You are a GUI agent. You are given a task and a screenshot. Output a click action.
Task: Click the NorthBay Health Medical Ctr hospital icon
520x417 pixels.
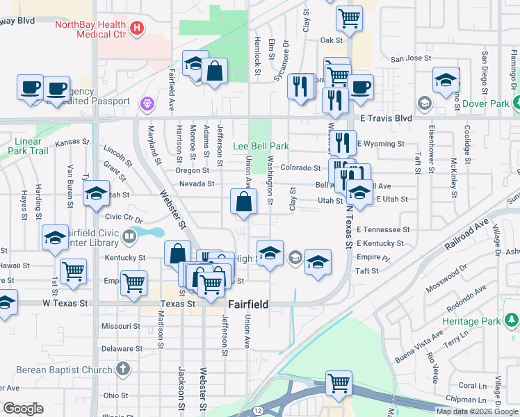(138, 28)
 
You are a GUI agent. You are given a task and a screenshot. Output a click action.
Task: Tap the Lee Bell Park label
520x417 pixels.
(260, 146)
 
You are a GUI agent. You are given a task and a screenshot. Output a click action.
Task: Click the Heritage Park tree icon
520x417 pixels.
(512, 320)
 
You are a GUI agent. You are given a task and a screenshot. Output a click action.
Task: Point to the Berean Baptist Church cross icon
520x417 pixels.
(123, 369)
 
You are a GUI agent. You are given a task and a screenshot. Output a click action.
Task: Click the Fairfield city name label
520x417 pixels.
(248, 304)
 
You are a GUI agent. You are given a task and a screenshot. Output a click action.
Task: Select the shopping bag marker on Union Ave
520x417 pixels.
(244, 203)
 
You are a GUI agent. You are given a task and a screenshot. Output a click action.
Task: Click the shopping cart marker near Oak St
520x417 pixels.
(349, 19)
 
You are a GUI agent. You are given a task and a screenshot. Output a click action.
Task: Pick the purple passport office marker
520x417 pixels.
(147, 104)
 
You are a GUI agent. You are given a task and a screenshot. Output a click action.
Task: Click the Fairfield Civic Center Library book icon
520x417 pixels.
(129, 238)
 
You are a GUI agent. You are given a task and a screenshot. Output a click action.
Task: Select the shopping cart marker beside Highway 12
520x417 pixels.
(339, 383)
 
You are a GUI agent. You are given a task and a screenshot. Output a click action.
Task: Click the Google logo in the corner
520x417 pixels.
(22, 409)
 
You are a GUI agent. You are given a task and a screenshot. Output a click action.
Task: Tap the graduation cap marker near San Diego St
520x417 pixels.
(445, 80)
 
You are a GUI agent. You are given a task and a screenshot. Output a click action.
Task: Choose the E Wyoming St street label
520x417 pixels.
(380, 143)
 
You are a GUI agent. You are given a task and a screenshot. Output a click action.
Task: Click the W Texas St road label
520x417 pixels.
(65, 304)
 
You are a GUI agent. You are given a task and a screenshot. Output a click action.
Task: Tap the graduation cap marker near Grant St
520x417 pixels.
(96, 194)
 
